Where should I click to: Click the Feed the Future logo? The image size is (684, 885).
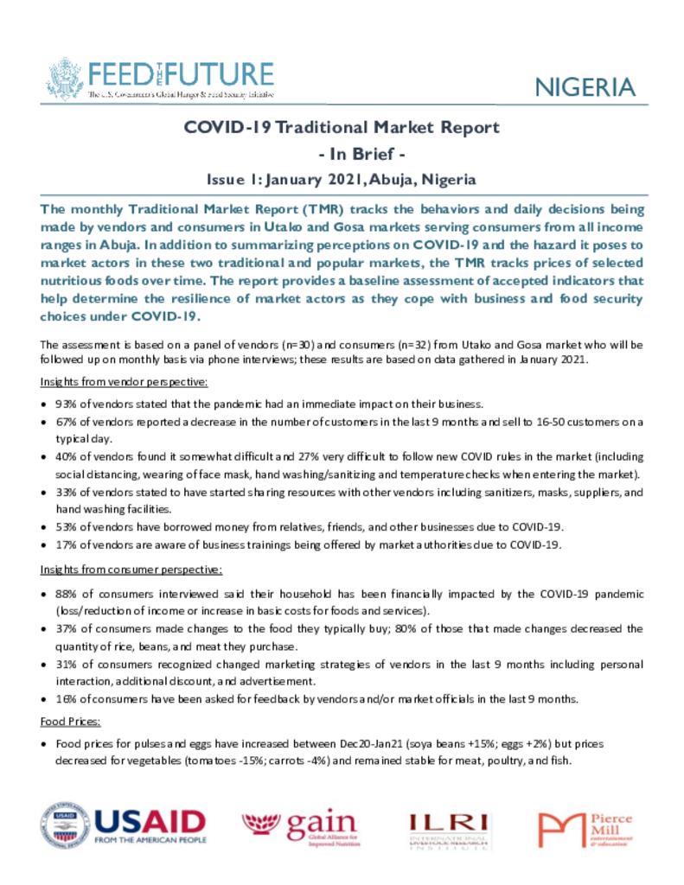point(160,78)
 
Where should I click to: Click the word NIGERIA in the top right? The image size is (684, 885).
point(585,87)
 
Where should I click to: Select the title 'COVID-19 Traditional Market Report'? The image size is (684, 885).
point(342,128)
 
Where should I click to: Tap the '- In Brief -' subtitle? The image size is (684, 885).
point(342,154)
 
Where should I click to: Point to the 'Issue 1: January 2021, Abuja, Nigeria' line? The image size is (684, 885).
point(342,180)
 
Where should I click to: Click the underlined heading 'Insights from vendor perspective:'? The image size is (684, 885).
point(124,381)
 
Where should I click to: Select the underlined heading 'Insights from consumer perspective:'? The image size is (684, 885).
point(131,570)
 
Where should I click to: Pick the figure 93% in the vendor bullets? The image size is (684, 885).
point(66,404)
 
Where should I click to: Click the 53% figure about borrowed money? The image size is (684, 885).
point(66,527)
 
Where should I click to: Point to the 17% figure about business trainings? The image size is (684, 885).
point(66,544)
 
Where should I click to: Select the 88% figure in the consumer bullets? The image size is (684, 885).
point(67,595)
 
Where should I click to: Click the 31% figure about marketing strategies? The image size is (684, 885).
point(67,664)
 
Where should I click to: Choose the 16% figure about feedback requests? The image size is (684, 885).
point(66,699)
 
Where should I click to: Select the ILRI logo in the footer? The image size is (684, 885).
point(449,829)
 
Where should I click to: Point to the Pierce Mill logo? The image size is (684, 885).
point(585,829)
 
